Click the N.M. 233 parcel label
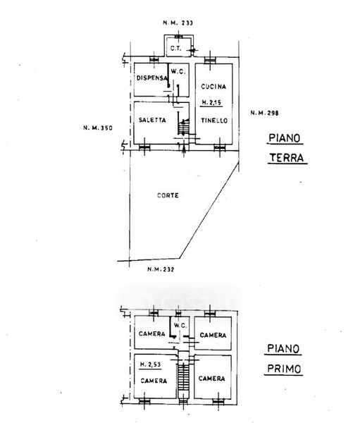pos(178,23)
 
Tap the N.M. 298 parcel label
pos(264,113)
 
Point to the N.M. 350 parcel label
pos(98,128)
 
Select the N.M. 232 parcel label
pos(161,269)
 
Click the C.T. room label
pos(176,49)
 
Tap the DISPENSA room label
pos(152,78)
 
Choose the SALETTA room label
pos(152,120)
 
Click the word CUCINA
pos(213,87)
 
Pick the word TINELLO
pos(214,121)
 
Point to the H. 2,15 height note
pos(211,102)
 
